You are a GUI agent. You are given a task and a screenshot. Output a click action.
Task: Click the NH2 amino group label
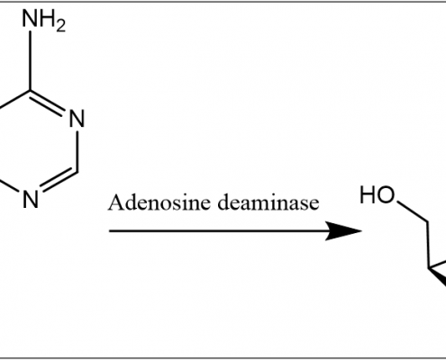pyautogui.click(x=44, y=19)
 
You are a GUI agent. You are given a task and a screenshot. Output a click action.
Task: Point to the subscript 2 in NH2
pyautogui.click(x=60, y=24)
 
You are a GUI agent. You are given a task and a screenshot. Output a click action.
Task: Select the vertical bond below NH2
pyautogui.click(x=31, y=60)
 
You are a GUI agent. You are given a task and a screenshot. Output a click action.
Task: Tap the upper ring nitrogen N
pyautogui.click(x=77, y=119)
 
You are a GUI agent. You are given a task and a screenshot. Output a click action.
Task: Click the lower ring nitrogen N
pyautogui.click(x=31, y=200)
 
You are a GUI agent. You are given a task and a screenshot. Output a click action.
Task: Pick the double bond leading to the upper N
pyautogui.click(x=48, y=102)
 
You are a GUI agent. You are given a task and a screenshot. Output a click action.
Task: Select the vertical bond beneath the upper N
pyautogui.click(x=77, y=151)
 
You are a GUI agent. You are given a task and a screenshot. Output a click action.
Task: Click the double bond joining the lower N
pyautogui.click(x=59, y=181)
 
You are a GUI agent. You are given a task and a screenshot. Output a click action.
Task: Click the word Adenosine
pyautogui.click(x=159, y=202)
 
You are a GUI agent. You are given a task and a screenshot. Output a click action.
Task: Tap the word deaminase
pyautogui.click(x=268, y=202)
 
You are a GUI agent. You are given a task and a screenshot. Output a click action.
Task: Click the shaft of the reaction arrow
pyautogui.click(x=217, y=231)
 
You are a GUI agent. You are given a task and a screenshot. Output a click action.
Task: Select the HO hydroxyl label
pyautogui.click(x=377, y=195)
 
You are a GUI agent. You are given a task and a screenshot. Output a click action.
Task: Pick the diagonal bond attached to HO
pyautogui.click(x=412, y=211)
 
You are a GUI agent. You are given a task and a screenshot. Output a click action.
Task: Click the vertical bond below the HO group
pyautogui.click(x=428, y=245)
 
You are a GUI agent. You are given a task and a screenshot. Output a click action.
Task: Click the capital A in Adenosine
pyautogui.click(x=115, y=202)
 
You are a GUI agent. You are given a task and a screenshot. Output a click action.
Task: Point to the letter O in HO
pyautogui.click(x=386, y=195)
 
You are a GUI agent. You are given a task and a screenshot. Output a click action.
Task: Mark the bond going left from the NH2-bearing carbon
pyautogui.click(x=15, y=98)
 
